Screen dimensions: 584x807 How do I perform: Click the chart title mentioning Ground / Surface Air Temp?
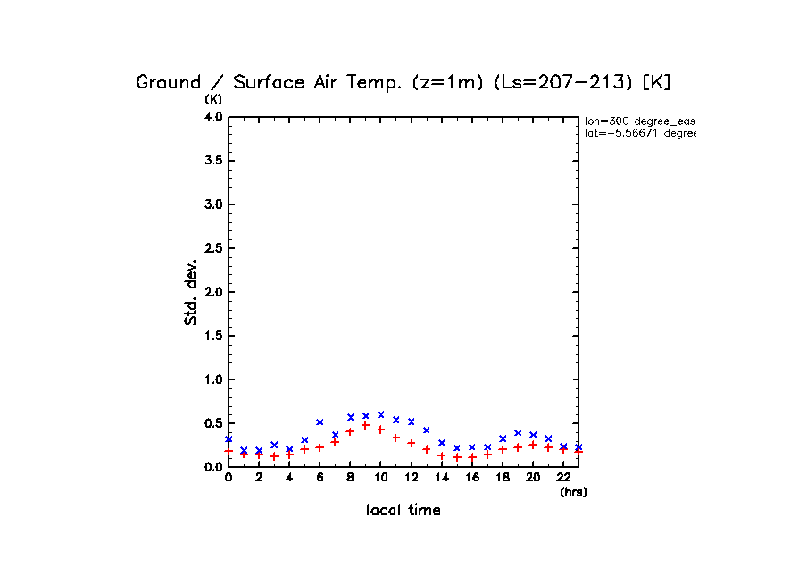403,82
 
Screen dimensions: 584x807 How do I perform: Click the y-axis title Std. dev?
191,292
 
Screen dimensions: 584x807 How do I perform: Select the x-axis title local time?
403,511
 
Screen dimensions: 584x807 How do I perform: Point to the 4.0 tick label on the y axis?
212,117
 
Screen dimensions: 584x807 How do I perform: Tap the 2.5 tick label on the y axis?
212,248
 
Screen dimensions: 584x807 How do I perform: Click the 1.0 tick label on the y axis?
212,380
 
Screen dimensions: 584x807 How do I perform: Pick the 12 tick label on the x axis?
411,478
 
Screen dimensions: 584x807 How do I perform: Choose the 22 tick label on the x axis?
563,478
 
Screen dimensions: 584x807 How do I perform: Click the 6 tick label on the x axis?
320,478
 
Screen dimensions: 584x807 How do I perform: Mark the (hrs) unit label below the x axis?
572,492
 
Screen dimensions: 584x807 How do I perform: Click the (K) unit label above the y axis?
214,98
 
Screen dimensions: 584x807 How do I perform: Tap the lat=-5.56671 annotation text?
639,133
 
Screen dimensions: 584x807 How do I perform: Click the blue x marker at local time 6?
320,421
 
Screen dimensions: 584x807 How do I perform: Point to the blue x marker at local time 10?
380,414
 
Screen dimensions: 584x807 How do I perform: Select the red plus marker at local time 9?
365,425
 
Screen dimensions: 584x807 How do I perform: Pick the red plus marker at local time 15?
456,457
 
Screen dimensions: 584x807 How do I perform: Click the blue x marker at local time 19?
518,432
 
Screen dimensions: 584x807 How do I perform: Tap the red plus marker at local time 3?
274,456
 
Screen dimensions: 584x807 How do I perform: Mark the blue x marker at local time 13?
426,430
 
